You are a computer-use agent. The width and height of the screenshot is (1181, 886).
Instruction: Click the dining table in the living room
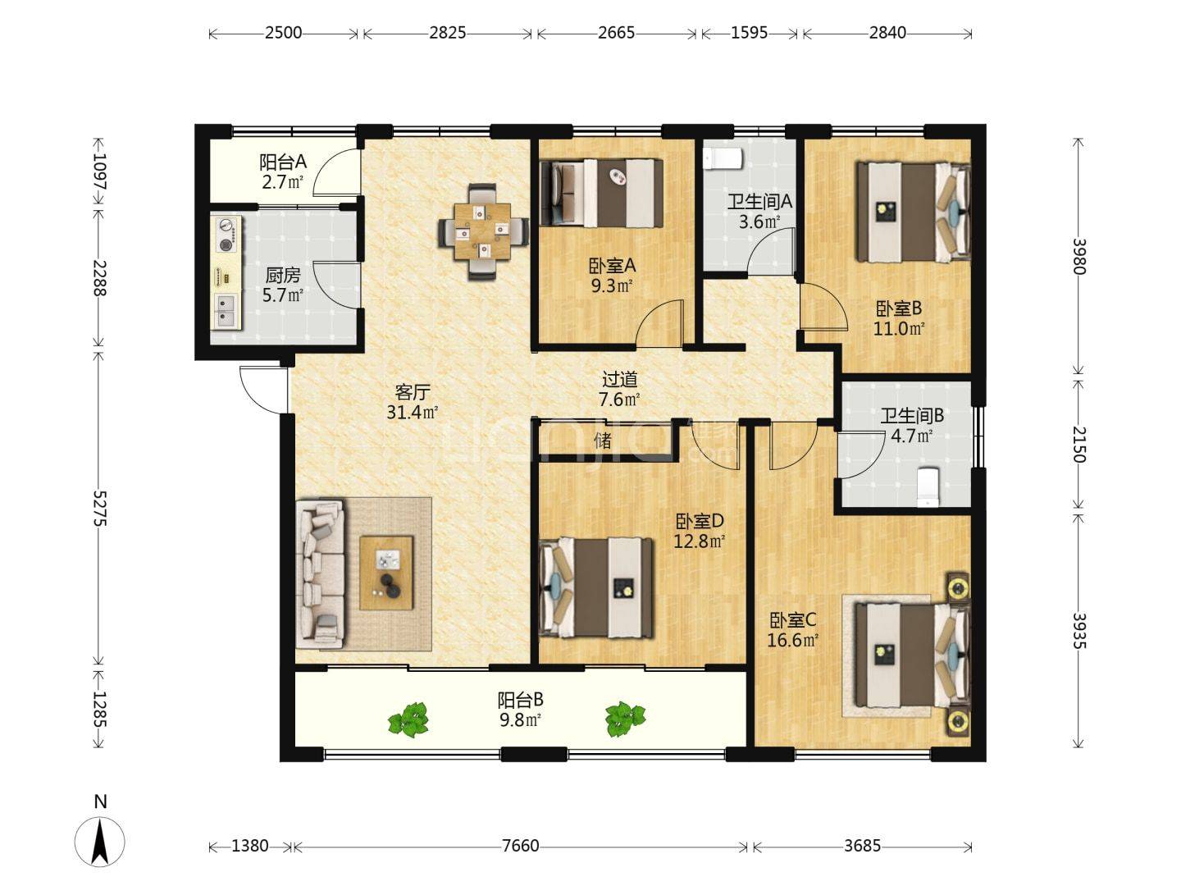[x=481, y=232]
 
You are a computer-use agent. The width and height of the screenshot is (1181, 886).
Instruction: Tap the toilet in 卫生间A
[x=723, y=158]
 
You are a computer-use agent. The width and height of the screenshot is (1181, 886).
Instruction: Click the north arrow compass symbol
[x=100, y=842]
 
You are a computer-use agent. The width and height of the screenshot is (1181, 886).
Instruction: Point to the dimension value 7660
[x=520, y=846]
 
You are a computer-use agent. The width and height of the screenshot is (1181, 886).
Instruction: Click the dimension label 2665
[x=617, y=34]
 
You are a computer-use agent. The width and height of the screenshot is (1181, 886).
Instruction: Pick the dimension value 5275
[x=100, y=508]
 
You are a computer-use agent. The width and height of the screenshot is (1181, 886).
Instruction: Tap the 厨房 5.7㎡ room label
[x=282, y=285]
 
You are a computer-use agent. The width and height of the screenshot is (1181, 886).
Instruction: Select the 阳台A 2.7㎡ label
[x=282, y=171]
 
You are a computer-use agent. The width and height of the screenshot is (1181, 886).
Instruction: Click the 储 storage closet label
[x=603, y=441]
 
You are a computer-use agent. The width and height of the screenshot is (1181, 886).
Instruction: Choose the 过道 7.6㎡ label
[x=619, y=390]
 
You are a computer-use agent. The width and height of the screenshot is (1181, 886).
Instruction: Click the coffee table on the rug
[x=386, y=573]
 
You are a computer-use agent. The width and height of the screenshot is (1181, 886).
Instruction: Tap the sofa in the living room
[x=321, y=574]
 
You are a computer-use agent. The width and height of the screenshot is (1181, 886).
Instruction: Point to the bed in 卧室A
[x=601, y=193]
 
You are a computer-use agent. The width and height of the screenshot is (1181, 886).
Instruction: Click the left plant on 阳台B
[x=408, y=719]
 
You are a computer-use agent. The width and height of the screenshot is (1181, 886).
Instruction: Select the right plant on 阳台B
[x=625, y=719]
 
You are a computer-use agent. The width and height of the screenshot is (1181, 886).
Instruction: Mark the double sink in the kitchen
[x=226, y=311]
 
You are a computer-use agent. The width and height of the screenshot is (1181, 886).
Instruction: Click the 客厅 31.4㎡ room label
[x=413, y=402]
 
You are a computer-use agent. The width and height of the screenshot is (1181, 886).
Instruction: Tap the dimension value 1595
[x=749, y=34]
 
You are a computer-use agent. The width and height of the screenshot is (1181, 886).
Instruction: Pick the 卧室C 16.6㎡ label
[x=793, y=631]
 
